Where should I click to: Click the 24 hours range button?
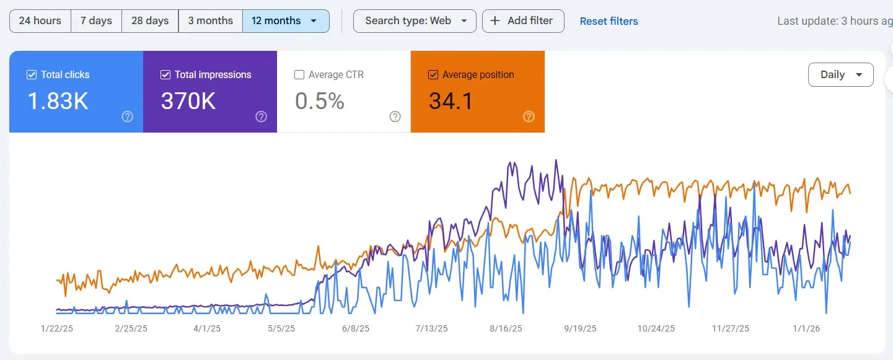40,20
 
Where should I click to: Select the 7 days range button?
96,20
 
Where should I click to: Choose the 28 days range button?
150,20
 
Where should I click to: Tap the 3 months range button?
210,20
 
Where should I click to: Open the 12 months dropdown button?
285,20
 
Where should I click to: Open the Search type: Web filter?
415,20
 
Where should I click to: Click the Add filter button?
522,20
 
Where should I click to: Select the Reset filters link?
609,21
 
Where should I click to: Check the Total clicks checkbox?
32,75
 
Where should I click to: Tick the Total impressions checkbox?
165,75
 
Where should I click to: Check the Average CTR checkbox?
299,75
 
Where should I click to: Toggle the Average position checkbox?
433,75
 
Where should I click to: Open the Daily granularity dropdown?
840,74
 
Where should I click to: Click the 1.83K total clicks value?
58,100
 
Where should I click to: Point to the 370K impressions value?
188,100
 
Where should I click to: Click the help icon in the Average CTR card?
395,116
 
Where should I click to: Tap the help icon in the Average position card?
529,116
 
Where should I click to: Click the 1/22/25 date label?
57,328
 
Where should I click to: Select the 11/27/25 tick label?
730,328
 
